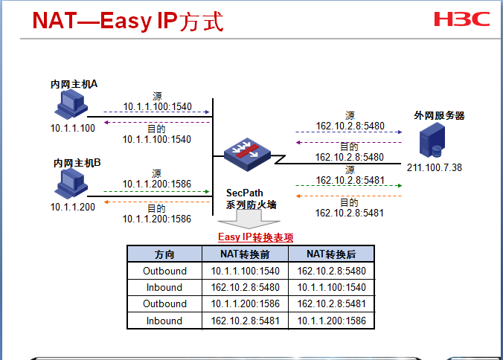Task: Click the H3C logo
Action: pos(462,19)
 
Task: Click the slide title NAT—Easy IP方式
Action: pos(127,21)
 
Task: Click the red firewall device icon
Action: pos(245,153)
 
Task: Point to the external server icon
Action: pos(432,141)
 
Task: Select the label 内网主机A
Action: pos(74,84)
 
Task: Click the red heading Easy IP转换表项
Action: pos(255,238)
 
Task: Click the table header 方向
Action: pos(164,254)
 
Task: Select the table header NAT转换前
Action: pos(245,254)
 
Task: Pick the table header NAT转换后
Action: pos(331,254)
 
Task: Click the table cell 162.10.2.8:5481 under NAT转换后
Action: pos(331,303)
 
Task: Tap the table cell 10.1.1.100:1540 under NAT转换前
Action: pos(245,271)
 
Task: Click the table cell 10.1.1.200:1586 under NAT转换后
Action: pos(331,321)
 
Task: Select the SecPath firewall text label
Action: pos(251,199)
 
